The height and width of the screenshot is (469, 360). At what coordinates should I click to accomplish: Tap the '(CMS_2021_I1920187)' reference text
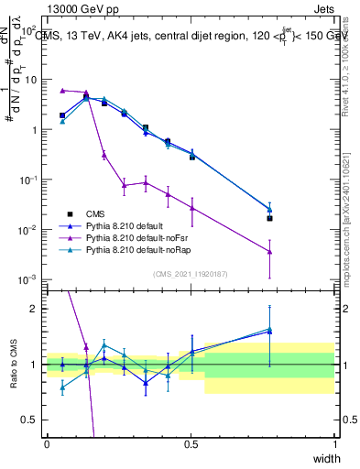coord(191,273)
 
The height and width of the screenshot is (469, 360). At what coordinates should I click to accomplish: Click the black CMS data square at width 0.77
coord(269,218)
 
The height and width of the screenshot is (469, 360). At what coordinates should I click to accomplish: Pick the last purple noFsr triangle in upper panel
coord(269,252)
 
